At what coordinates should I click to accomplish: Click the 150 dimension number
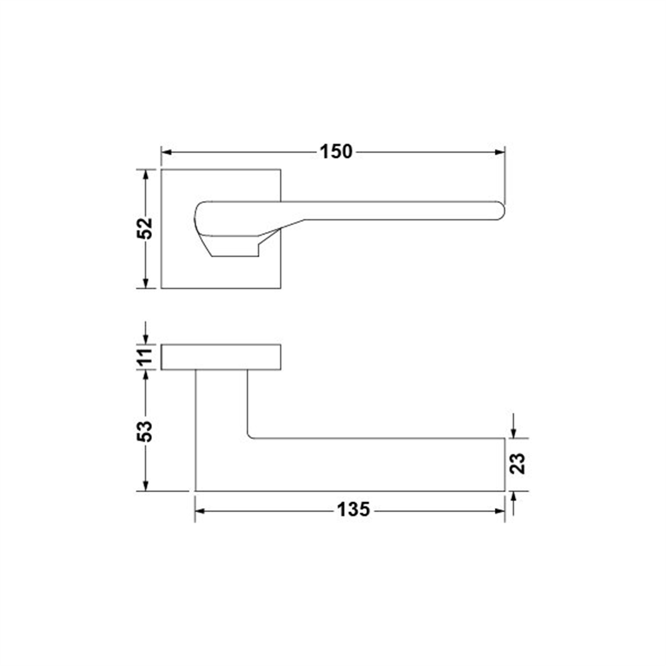pyautogui.click(x=336, y=152)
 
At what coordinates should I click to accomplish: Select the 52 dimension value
pyautogui.click(x=145, y=228)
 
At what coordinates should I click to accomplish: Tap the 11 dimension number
pyautogui.click(x=145, y=356)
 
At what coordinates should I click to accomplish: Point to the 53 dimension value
pyautogui.click(x=145, y=431)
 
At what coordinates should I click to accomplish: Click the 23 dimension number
pyautogui.click(x=517, y=464)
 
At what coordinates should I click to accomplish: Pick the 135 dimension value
pyautogui.click(x=354, y=510)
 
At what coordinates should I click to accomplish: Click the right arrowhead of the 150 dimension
pyautogui.click(x=500, y=152)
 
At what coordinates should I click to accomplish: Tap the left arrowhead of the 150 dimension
pyautogui.click(x=167, y=152)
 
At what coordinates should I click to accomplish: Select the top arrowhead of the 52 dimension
pyautogui.click(x=146, y=174)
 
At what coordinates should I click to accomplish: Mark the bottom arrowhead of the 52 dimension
pyautogui.click(x=146, y=283)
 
